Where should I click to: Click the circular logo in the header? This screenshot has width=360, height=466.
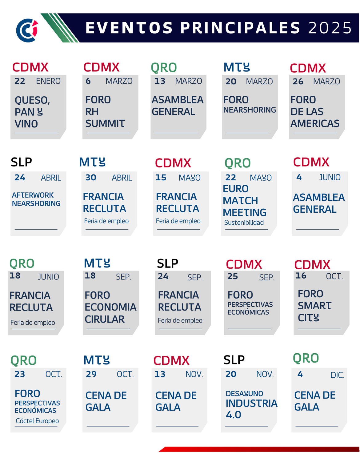click(x=27, y=30)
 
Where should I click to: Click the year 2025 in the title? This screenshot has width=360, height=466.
click(x=330, y=28)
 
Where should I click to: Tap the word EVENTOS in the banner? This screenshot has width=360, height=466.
click(x=129, y=28)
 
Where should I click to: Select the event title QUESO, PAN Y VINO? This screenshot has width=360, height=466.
click(x=32, y=112)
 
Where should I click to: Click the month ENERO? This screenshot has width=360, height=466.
click(x=48, y=81)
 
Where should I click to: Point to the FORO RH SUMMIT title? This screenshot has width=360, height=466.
click(x=105, y=112)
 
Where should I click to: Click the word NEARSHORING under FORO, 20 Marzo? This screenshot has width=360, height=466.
click(x=250, y=110)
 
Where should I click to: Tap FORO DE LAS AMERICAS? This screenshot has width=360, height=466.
click(x=315, y=112)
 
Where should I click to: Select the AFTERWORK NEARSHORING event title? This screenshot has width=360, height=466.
click(x=36, y=199)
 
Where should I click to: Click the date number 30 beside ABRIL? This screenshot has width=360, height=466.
click(x=91, y=178)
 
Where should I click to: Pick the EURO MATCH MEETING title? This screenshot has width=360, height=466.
click(x=244, y=201)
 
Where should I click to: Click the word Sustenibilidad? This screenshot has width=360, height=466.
click(x=244, y=223)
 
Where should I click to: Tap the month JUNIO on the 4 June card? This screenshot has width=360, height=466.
click(x=330, y=178)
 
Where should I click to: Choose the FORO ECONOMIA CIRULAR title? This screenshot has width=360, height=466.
click(x=110, y=307)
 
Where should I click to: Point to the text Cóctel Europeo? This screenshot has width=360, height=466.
click(x=37, y=421)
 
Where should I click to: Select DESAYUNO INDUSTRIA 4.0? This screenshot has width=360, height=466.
click(x=251, y=404)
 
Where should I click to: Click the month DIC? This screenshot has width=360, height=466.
click(x=337, y=375)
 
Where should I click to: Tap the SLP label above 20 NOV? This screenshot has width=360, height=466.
click(x=234, y=360)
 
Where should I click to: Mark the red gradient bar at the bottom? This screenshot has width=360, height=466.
click(x=259, y=449)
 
